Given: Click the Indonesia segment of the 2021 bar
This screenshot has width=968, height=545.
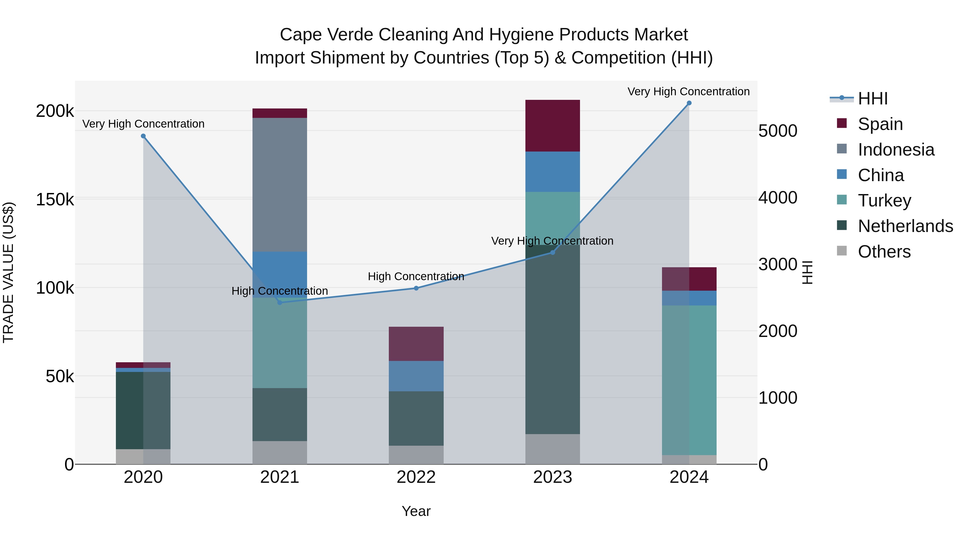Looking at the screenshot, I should coord(280,184).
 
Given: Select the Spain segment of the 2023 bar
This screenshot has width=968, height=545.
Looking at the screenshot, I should coord(552,126).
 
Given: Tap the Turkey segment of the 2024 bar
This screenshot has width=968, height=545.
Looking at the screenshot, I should coord(689,380).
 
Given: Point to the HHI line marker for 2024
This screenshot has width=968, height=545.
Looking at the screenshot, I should coord(689,103).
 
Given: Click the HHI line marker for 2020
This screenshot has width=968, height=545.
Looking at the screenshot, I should coord(143,136).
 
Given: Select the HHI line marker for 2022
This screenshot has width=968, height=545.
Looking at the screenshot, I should coord(416,288).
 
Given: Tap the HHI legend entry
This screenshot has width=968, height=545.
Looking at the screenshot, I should coord(872,99).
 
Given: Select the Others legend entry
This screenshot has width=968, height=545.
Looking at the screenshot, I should coord(884,252).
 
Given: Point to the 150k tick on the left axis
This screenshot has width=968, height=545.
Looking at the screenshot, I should coord(55,200).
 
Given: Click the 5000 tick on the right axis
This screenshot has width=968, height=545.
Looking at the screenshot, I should coord(777,131).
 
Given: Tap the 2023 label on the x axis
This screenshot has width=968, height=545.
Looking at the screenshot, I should coord(552,477).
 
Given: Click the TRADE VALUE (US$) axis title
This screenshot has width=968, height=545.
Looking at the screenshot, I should coord(8,272).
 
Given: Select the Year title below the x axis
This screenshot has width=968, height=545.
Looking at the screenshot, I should coord(416,511).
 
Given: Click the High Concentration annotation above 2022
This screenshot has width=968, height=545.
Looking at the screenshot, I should coord(416,276).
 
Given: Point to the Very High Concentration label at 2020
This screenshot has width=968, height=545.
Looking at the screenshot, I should coord(143,124).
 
